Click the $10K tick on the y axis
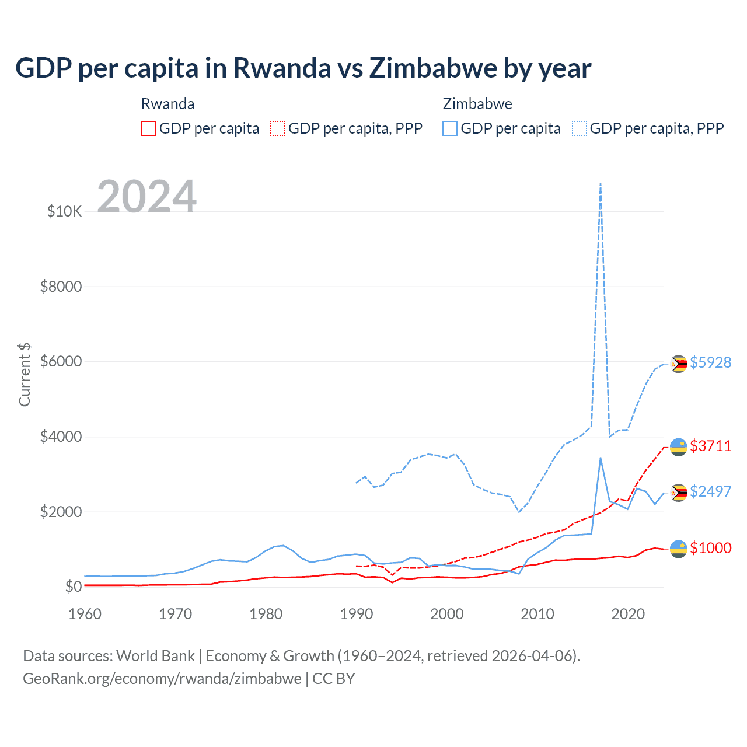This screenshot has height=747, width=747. tap(64, 211)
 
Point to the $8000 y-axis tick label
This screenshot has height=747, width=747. tap(61, 287)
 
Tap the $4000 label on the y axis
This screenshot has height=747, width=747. tap(61, 437)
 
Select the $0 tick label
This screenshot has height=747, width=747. tap(73, 587)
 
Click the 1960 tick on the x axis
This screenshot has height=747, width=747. tap(85, 614)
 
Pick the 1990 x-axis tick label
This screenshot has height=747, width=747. tap(356, 614)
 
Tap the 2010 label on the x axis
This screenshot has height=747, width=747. tap(537, 614)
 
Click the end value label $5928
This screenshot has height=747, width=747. tap(710, 362)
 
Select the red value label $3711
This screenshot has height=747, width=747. tap(710, 446)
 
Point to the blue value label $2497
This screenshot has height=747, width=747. tap(710, 491)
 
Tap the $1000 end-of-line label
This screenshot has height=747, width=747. tap(710, 548)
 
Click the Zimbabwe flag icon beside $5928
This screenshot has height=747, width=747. tap(678, 364)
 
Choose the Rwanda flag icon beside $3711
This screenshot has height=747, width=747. tap(678, 447)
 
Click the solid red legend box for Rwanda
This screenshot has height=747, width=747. tap(149, 128)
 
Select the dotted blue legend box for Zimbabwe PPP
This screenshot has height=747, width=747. tap(580, 128)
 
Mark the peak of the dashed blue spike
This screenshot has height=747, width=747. tap(601, 183)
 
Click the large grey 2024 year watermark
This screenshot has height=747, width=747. tap(146, 197)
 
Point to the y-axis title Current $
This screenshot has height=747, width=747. tap(25, 375)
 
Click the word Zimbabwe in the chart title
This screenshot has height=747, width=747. tap(432, 68)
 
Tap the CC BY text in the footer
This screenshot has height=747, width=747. tap(334, 679)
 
